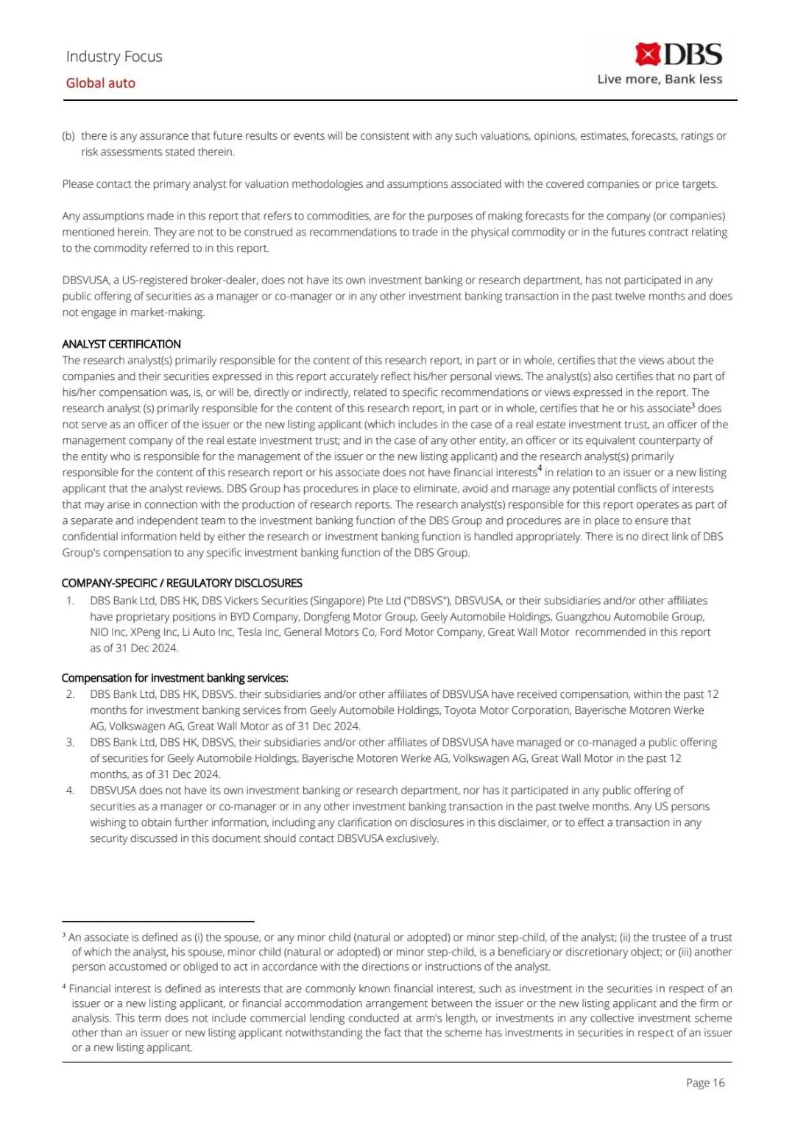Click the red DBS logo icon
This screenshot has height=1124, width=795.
[x=648, y=54]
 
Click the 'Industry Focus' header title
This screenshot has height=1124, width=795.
[x=114, y=57]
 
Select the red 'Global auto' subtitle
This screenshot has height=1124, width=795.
[x=101, y=83]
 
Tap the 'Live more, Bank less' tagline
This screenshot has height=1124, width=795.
[x=660, y=79]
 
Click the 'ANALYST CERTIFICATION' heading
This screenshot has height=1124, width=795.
[x=121, y=344]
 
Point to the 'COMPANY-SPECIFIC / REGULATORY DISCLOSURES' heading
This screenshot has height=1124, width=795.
[x=182, y=583]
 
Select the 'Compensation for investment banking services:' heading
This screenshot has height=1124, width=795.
[x=174, y=678]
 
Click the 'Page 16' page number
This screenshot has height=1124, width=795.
[x=705, y=1083]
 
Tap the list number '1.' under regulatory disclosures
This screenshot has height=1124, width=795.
[x=71, y=601]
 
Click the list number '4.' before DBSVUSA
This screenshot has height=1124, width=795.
[x=71, y=791]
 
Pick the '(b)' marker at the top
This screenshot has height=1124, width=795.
[x=68, y=136]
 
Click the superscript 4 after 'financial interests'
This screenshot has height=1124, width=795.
[x=540, y=469]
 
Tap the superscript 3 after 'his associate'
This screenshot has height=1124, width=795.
[x=693, y=405]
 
